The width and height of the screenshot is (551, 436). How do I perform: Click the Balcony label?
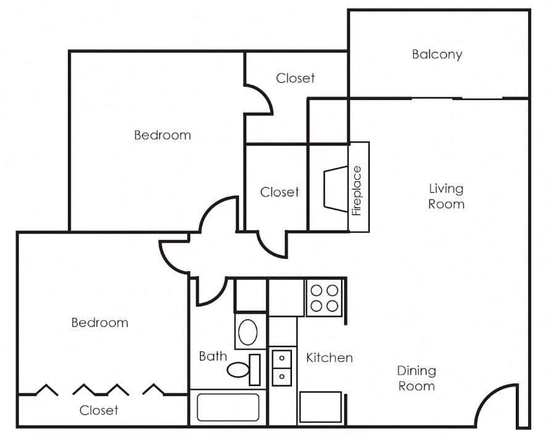[437, 54]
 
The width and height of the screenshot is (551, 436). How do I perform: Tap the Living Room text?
[446, 196]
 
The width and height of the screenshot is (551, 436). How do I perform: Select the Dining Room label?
[416, 378]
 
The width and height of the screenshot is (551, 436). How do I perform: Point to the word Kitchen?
[329, 358]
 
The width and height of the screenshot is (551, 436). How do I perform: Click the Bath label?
[213, 356]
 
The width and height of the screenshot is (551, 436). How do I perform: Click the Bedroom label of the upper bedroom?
[162, 135]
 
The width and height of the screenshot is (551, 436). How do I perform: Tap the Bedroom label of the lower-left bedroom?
[99, 322]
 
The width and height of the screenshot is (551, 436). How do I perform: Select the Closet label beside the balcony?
[295, 78]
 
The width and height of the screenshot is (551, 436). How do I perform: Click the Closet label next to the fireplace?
[280, 192]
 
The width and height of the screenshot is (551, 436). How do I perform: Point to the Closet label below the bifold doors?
[99, 410]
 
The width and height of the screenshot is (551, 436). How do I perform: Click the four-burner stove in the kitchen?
[325, 297]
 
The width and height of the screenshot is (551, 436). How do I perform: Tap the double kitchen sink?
[282, 367]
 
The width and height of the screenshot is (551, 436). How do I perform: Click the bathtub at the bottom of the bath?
[228, 408]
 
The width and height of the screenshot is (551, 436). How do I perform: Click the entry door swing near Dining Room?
[497, 405]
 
